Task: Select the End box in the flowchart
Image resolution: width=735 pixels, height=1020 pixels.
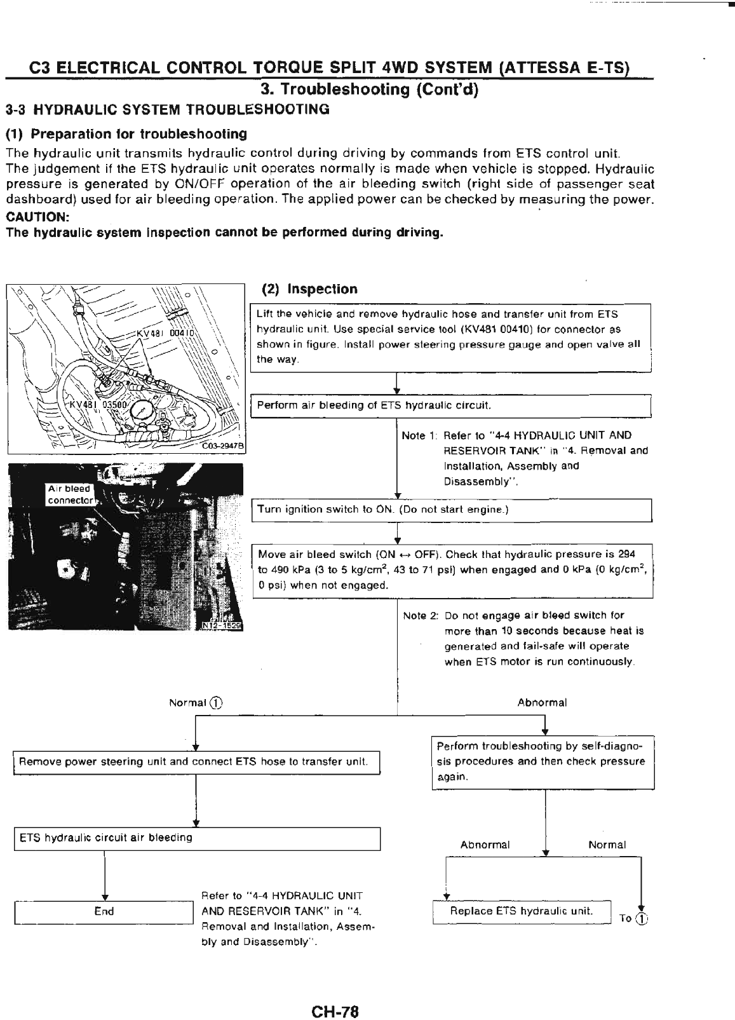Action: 104,911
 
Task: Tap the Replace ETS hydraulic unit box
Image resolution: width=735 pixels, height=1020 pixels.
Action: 521,911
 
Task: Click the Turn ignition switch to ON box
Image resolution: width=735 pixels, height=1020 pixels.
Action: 452,510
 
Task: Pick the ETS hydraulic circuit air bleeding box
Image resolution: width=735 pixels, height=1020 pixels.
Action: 197,838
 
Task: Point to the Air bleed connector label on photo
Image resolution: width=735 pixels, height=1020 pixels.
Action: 70,494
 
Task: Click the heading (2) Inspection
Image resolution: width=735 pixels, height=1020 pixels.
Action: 310,289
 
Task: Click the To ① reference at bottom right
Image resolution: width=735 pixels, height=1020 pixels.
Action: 633,918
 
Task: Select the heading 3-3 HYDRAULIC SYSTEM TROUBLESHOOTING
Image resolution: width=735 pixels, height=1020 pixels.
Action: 168,109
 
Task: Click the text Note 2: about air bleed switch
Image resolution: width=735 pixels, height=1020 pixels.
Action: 421,615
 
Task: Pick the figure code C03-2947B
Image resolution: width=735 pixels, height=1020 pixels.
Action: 224,446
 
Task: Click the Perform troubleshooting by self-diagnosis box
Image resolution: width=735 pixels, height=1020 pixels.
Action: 543,761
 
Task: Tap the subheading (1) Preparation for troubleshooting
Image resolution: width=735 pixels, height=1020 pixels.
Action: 126,133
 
